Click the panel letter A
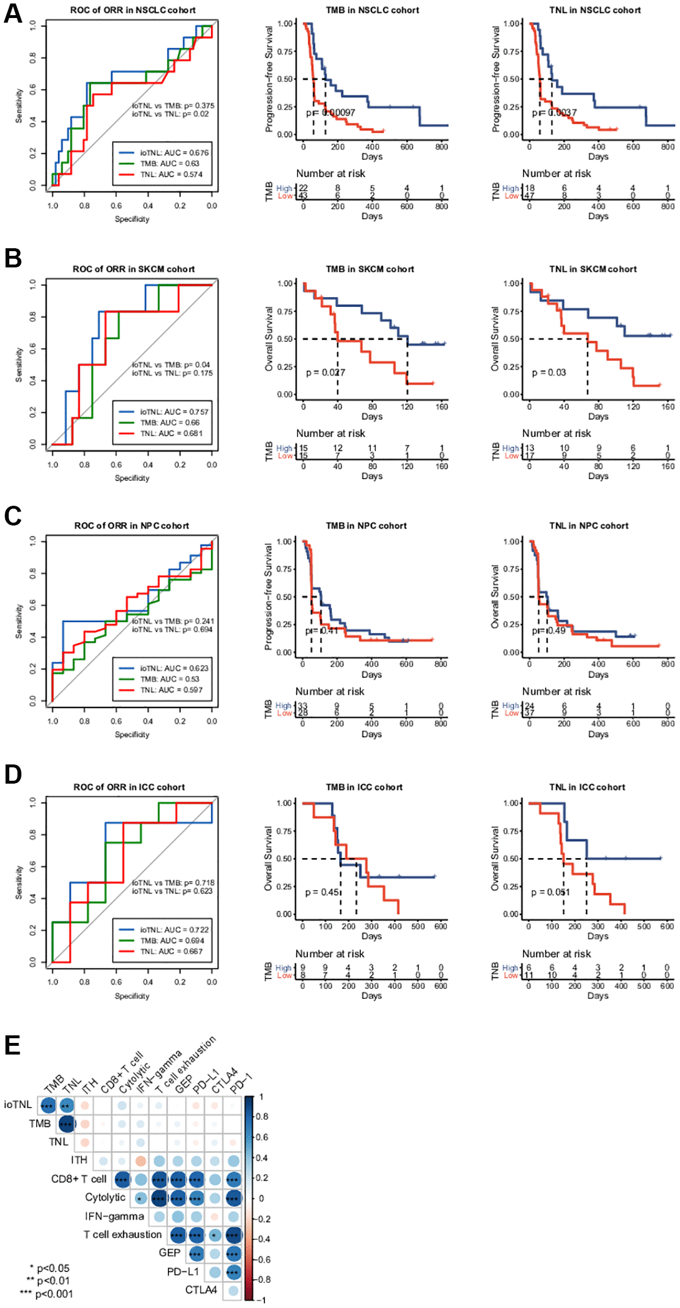pos(13,13)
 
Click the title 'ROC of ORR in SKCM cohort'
pos(133,269)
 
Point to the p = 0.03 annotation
pos(549,373)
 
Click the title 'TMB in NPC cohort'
pos(366,526)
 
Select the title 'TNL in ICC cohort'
pos(587,787)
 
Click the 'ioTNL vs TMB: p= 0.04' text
pos(171,365)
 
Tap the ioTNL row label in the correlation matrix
pos(18,1105)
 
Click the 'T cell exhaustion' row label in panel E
pos(123,1234)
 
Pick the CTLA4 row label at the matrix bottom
pos(201,1290)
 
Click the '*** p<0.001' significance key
pos(46,1293)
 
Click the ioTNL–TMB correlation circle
pos(48,1105)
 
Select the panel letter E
pos(12,1045)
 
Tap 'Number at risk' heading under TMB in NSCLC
pos(331,173)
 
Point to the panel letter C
pos(13,516)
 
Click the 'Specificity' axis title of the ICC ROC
pos(132,996)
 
